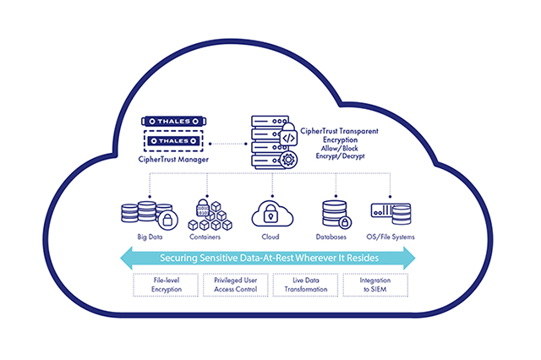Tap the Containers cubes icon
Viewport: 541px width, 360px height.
tap(209, 215)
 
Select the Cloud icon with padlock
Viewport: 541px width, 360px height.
tap(271, 211)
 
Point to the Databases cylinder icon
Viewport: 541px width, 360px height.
tap(335, 215)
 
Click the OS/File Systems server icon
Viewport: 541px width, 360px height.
tap(391, 212)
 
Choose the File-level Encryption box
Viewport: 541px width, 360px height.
tap(166, 284)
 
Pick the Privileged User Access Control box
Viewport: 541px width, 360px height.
tap(236, 284)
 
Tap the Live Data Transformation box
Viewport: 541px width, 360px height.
tap(305, 284)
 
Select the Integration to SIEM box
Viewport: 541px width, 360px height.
tap(375, 284)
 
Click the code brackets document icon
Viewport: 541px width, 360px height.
tap(287, 136)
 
